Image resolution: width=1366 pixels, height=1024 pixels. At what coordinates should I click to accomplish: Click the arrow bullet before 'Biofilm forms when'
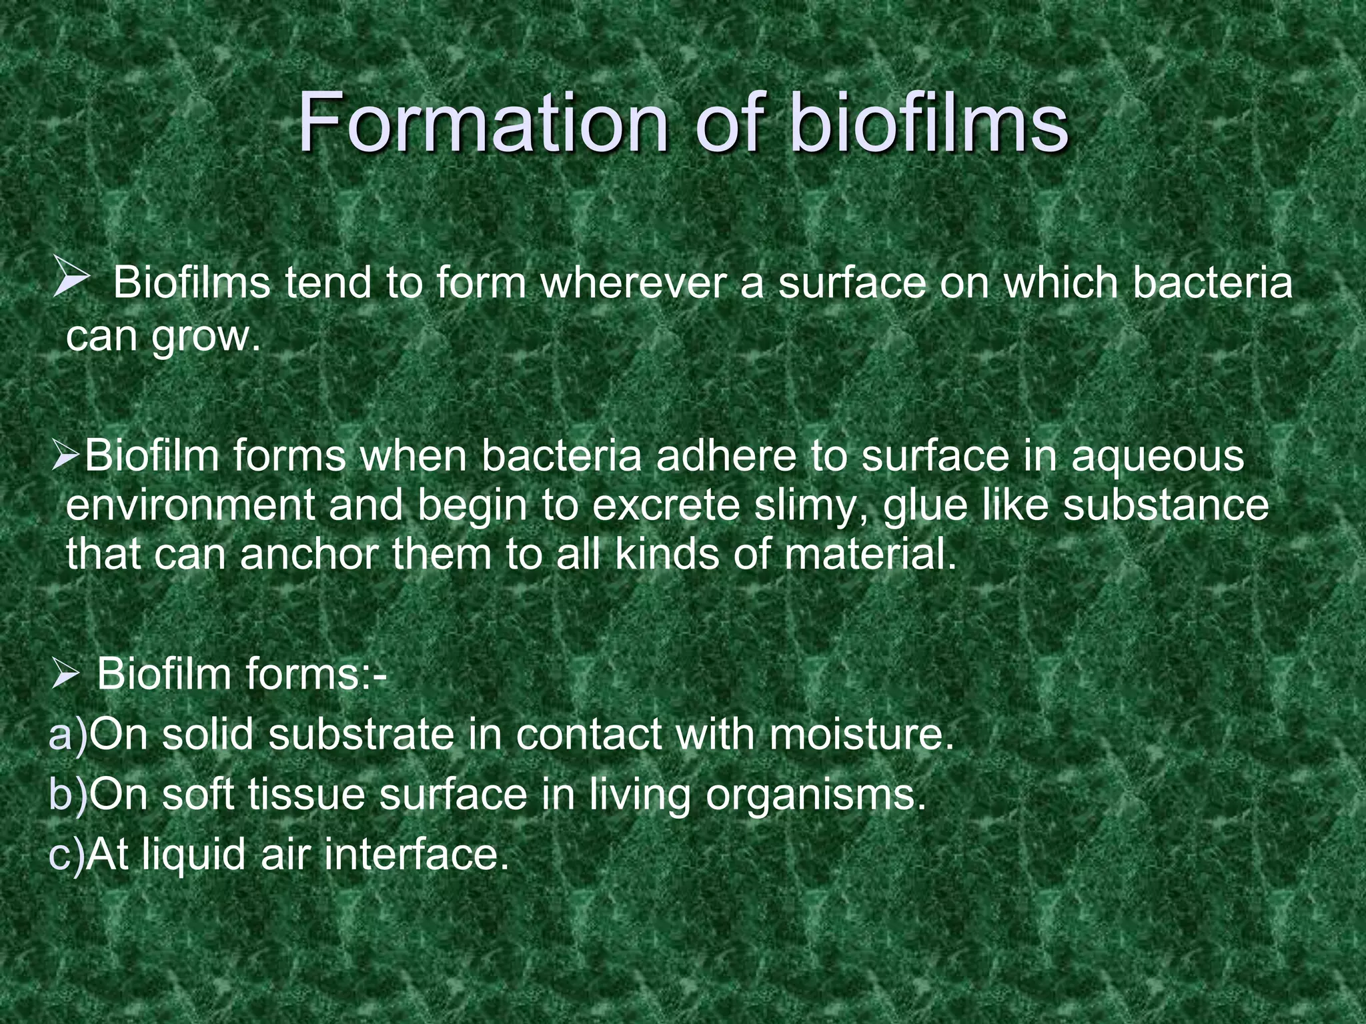pos(66,457)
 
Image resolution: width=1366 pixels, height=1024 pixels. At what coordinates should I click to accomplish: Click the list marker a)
pos(68,735)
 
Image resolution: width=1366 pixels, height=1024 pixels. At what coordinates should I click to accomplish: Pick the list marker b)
pos(68,795)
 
